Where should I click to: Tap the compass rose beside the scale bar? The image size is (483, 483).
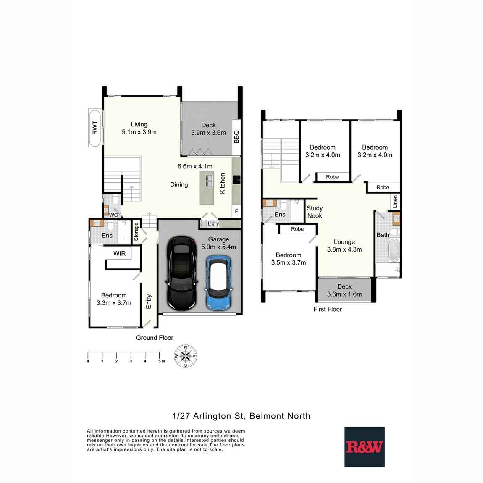[x=186, y=356]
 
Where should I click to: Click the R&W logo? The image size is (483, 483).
[x=364, y=447]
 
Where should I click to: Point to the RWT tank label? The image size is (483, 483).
[x=95, y=128]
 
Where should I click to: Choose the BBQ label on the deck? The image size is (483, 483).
[x=236, y=136]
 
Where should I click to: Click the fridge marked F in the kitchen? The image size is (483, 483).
[x=237, y=211]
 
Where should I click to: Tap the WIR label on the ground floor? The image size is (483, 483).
[x=120, y=253]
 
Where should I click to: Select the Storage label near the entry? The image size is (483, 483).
[x=136, y=231]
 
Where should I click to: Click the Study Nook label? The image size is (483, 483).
[x=315, y=212]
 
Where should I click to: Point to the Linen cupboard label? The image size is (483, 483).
[x=395, y=202]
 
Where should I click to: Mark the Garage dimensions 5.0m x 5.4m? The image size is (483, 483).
[x=219, y=247]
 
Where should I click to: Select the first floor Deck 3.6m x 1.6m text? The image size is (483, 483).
[x=344, y=294]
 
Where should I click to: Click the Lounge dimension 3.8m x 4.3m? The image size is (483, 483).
[x=344, y=249]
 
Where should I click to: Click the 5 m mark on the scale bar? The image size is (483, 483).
[x=160, y=361]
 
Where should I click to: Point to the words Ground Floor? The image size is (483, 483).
[x=155, y=338]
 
